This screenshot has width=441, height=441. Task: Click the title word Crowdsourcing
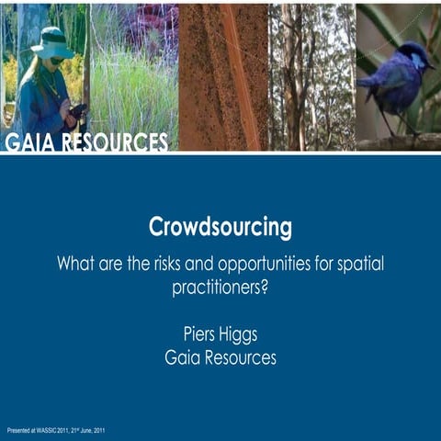[x=220, y=227]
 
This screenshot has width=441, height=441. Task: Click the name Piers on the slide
[x=200, y=334]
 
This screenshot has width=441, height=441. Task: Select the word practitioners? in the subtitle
[x=220, y=287]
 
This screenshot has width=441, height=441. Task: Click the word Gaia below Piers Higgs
[x=184, y=358]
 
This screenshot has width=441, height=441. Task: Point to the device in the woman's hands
[x=78, y=111]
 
